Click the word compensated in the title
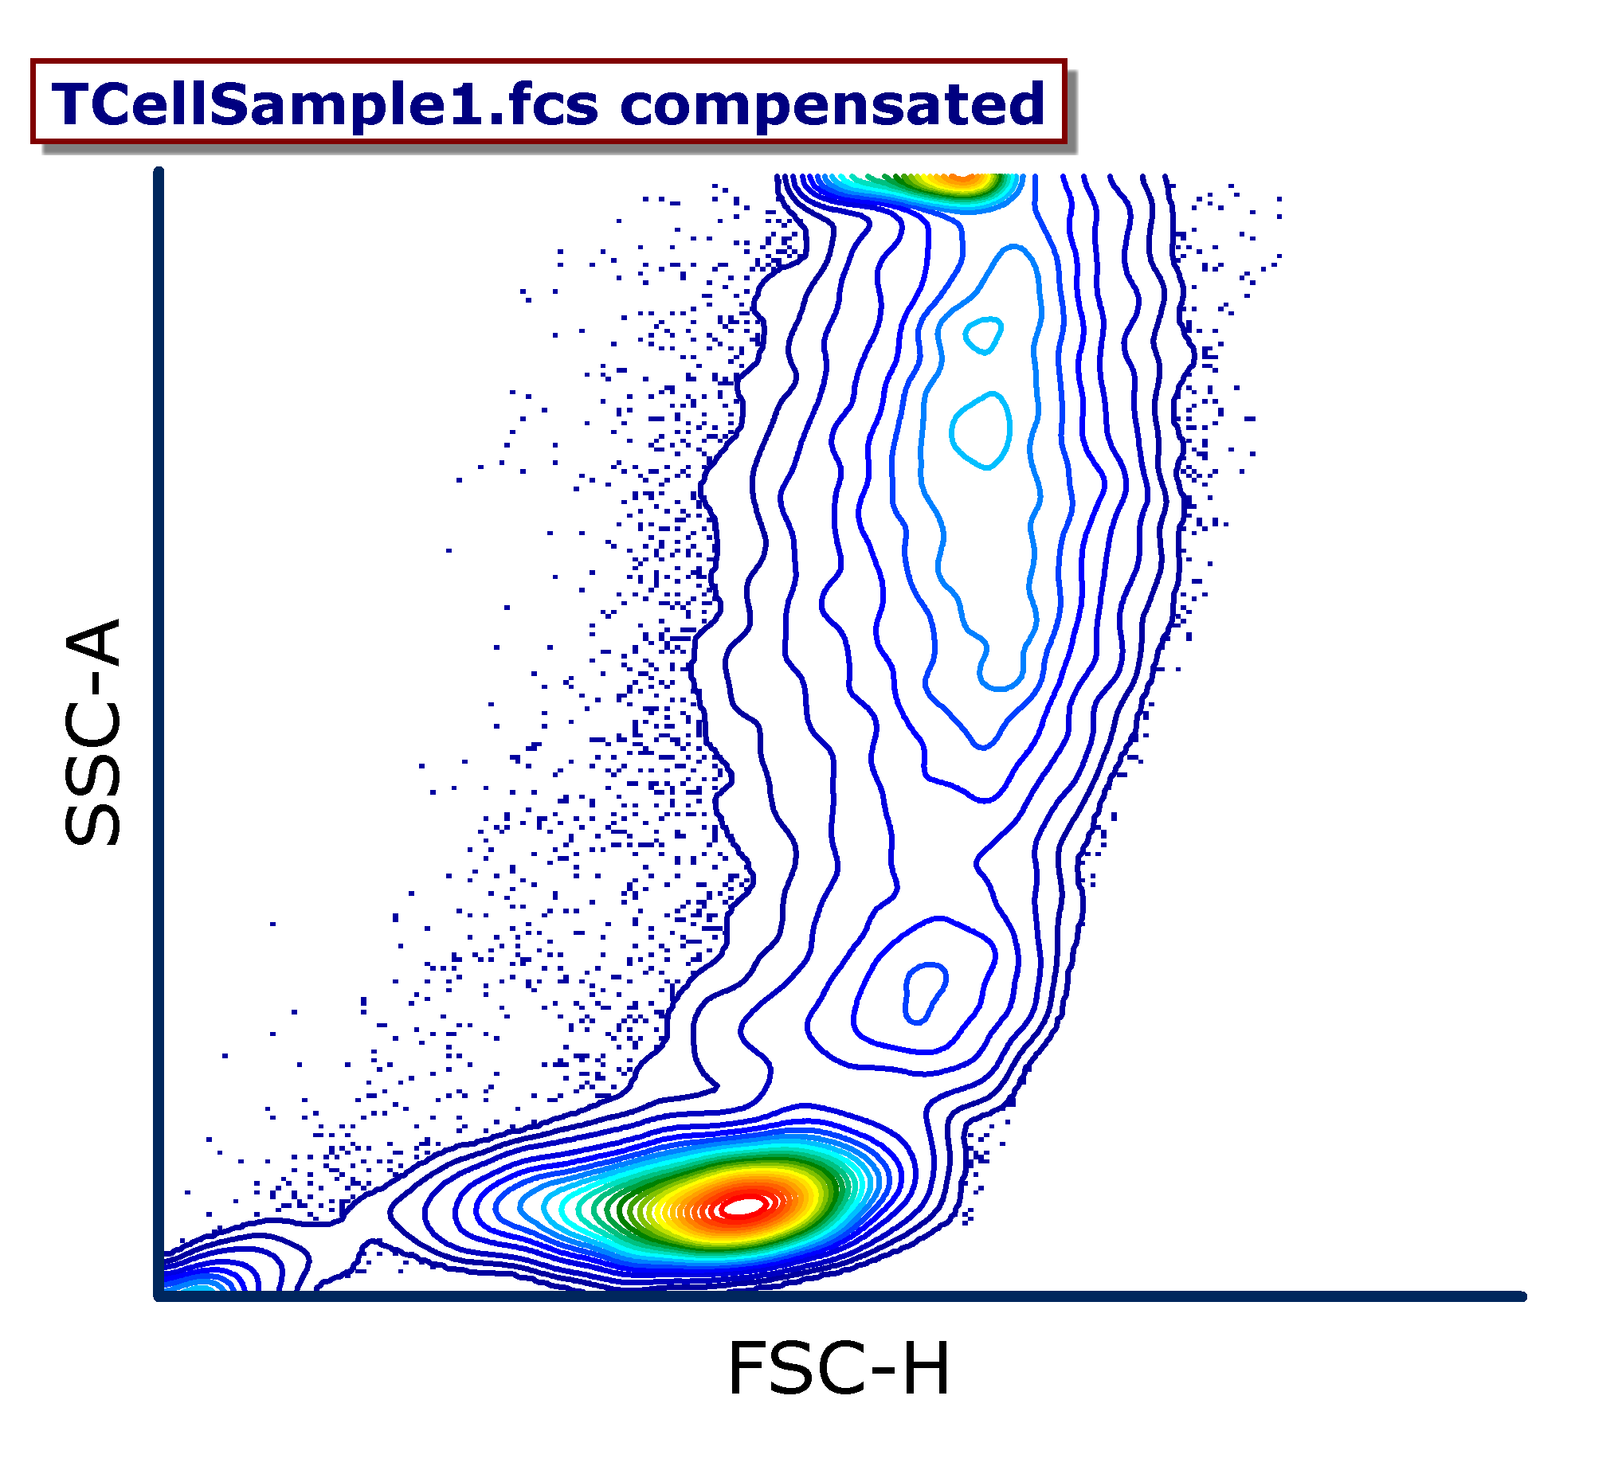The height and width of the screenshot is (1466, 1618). pyautogui.click(x=833, y=106)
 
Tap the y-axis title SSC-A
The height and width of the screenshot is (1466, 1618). pyautogui.click(x=92, y=732)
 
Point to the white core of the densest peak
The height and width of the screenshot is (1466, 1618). pyautogui.click(x=744, y=1206)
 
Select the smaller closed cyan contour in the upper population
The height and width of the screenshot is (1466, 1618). pyautogui.click(x=983, y=334)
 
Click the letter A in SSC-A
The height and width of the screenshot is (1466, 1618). pyautogui.click(x=92, y=642)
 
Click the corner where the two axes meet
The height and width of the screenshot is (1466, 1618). pyautogui.click(x=159, y=1296)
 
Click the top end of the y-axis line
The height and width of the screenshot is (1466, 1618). pyautogui.click(x=159, y=171)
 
